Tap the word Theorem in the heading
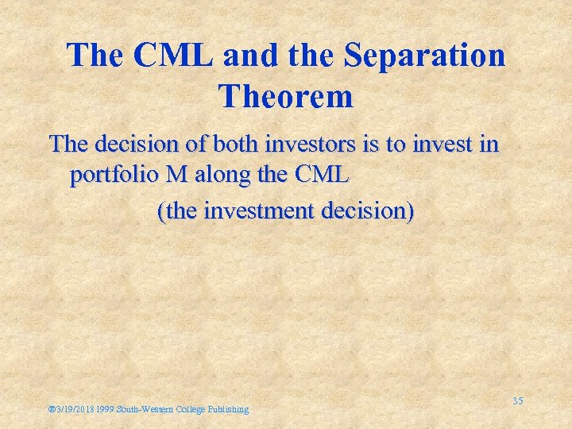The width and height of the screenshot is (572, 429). pyautogui.click(x=285, y=97)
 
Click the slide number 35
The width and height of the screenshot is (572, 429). pyautogui.click(x=517, y=400)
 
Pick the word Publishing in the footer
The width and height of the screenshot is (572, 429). pyautogui.click(x=228, y=409)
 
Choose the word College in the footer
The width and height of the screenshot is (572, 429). pyautogui.click(x=193, y=409)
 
